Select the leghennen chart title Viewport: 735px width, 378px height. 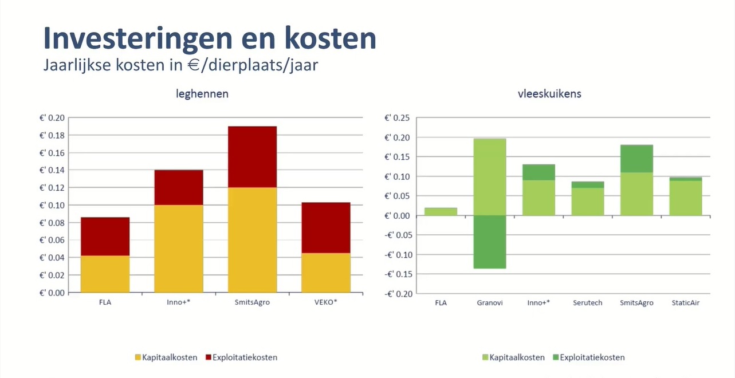[202, 94]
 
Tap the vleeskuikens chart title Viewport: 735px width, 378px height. [549, 94]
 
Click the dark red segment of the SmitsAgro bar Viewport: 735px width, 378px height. [252, 157]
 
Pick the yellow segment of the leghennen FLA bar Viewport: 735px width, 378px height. [105, 274]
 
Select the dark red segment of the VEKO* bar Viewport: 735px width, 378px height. [326, 228]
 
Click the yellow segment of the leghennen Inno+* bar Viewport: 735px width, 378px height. [179, 249]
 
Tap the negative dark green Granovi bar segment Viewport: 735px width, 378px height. [490, 242]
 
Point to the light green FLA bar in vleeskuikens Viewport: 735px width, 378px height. [441, 212]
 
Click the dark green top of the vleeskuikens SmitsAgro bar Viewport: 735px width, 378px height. [636, 159]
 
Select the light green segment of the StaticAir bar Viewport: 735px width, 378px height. [686, 198]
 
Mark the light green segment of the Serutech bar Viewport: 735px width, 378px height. [588, 202]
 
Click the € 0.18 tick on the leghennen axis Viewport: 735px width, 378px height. [52, 136]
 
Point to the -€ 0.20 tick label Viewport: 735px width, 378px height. [398, 294]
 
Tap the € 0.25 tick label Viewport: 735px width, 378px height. [397, 118]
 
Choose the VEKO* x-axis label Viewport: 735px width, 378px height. [326, 302]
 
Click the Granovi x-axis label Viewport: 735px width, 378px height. [490, 302]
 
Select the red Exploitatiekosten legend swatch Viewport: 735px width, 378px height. [209, 357]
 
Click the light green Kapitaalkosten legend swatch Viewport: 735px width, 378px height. [485, 357]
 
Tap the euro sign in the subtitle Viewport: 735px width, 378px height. [194, 65]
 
